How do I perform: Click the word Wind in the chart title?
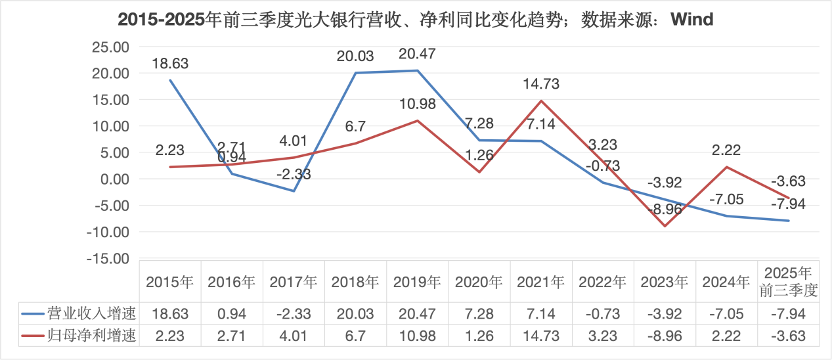(x=691, y=20)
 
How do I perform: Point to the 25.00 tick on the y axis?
(x=110, y=47)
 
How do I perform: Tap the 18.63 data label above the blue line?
(x=170, y=64)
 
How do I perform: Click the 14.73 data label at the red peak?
(x=541, y=84)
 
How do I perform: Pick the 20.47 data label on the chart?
(x=417, y=54)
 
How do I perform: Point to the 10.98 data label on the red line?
(x=418, y=103)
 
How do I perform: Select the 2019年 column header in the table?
(x=417, y=282)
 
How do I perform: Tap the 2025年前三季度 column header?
(x=788, y=282)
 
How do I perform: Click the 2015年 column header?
(x=169, y=282)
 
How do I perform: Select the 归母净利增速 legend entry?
(x=79, y=336)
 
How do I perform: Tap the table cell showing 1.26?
(x=479, y=336)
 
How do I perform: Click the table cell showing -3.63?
(x=788, y=336)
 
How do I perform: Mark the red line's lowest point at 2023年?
(x=665, y=226)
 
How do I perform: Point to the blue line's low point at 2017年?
(x=294, y=191)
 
